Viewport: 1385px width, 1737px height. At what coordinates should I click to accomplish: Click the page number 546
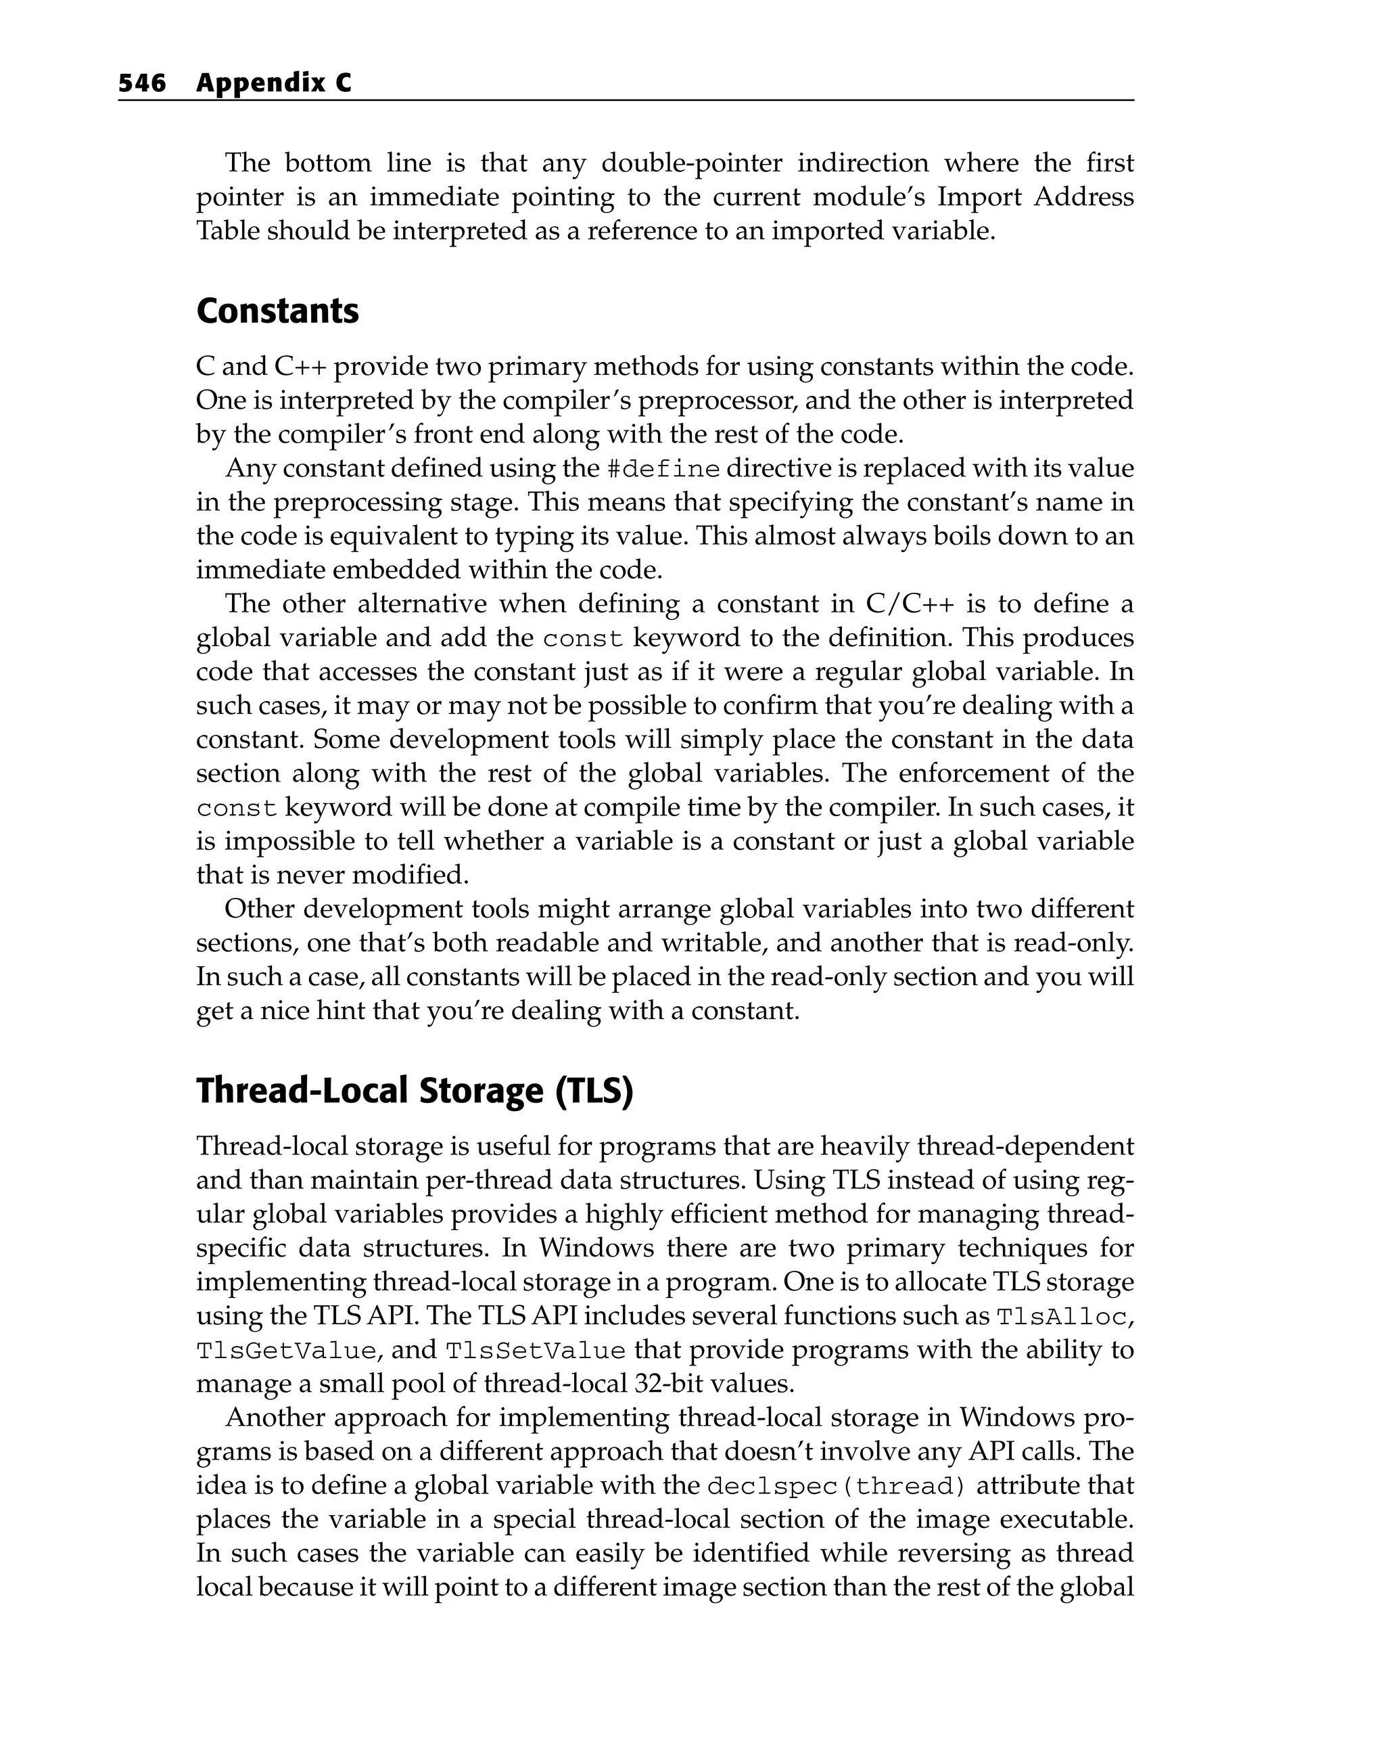pyautogui.click(x=142, y=83)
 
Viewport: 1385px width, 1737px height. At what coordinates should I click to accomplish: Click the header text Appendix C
pyautogui.click(x=274, y=83)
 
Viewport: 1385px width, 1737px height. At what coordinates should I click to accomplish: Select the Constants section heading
pyautogui.click(x=277, y=311)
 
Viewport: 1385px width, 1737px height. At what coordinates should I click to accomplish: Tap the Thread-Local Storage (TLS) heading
pyautogui.click(x=415, y=1090)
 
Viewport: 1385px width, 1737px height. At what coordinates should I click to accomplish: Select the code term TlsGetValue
pyautogui.click(x=286, y=1350)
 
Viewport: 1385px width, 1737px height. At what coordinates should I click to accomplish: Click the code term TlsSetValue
pyautogui.click(x=536, y=1350)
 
